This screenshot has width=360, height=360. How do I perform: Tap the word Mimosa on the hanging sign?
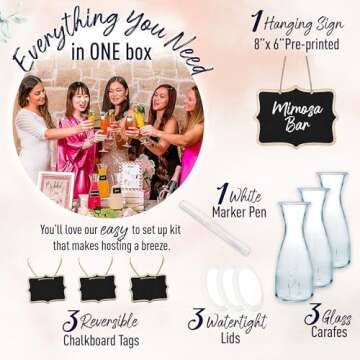tap(297, 110)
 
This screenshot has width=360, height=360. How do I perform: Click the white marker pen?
tap(214, 227)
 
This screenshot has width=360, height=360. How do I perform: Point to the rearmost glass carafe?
tap(335, 219)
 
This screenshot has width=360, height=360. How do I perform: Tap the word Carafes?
tap(329, 332)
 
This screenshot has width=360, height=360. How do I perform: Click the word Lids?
tap(230, 338)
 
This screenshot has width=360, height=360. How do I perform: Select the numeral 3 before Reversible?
tap(70, 321)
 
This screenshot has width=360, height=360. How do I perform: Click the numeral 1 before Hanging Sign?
tap(256, 22)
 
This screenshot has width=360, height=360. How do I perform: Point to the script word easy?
tap(115, 231)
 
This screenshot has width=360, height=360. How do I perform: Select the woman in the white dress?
tap(33, 130)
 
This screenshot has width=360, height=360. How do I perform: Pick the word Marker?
tap(228, 212)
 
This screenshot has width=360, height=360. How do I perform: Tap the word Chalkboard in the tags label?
tap(89, 340)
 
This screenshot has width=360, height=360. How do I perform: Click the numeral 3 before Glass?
tap(312, 314)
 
